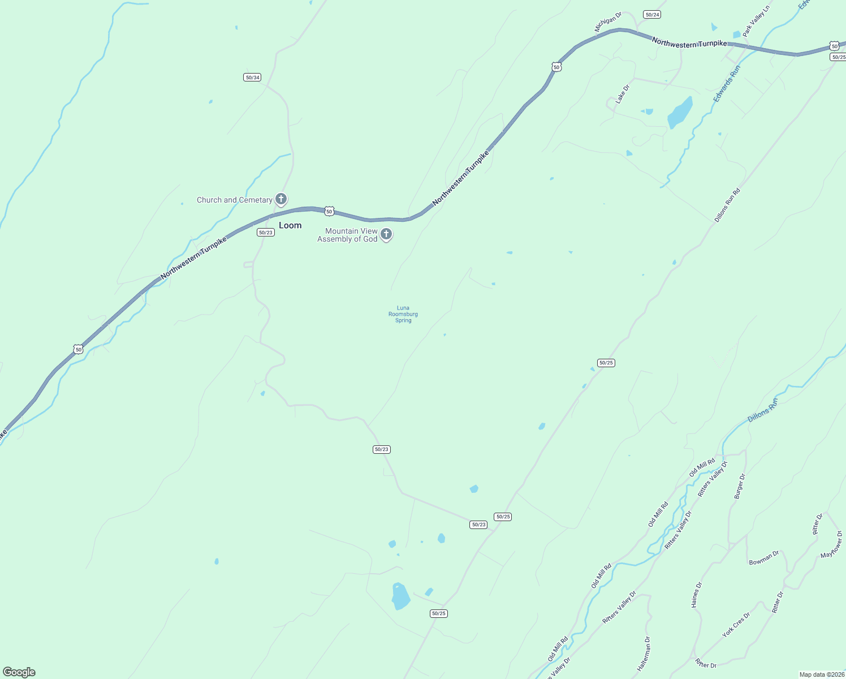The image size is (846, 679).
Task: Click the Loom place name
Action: (x=290, y=225)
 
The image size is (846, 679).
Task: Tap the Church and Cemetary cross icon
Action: (x=281, y=199)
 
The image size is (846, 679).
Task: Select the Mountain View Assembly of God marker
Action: (x=386, y=234)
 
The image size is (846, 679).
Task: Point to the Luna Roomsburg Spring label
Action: (x=403, y=314)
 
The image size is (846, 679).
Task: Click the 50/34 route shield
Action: (x=252, y=77)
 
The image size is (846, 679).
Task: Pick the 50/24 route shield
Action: (x=652, y=14)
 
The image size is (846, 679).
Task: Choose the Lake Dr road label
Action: (x=623, y=91)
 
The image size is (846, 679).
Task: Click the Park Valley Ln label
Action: (x=757, y=22)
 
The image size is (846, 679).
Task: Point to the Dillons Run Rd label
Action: (x=727, y=205)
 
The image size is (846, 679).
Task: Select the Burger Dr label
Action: (x=740, y=486)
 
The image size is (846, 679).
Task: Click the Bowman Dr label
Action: (x=764, y=558)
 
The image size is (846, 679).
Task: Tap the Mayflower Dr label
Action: (x=832, y=544)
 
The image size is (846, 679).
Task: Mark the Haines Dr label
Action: (x=697, y=595)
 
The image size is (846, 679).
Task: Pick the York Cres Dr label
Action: (x=736, y=625)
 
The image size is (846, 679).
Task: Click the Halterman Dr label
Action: (x=644, y=654)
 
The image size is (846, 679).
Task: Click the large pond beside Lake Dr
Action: (x=680, y=113)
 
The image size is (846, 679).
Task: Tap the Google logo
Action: (x=19, y=672)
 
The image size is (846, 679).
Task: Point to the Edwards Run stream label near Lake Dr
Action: (x=727, y=84)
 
